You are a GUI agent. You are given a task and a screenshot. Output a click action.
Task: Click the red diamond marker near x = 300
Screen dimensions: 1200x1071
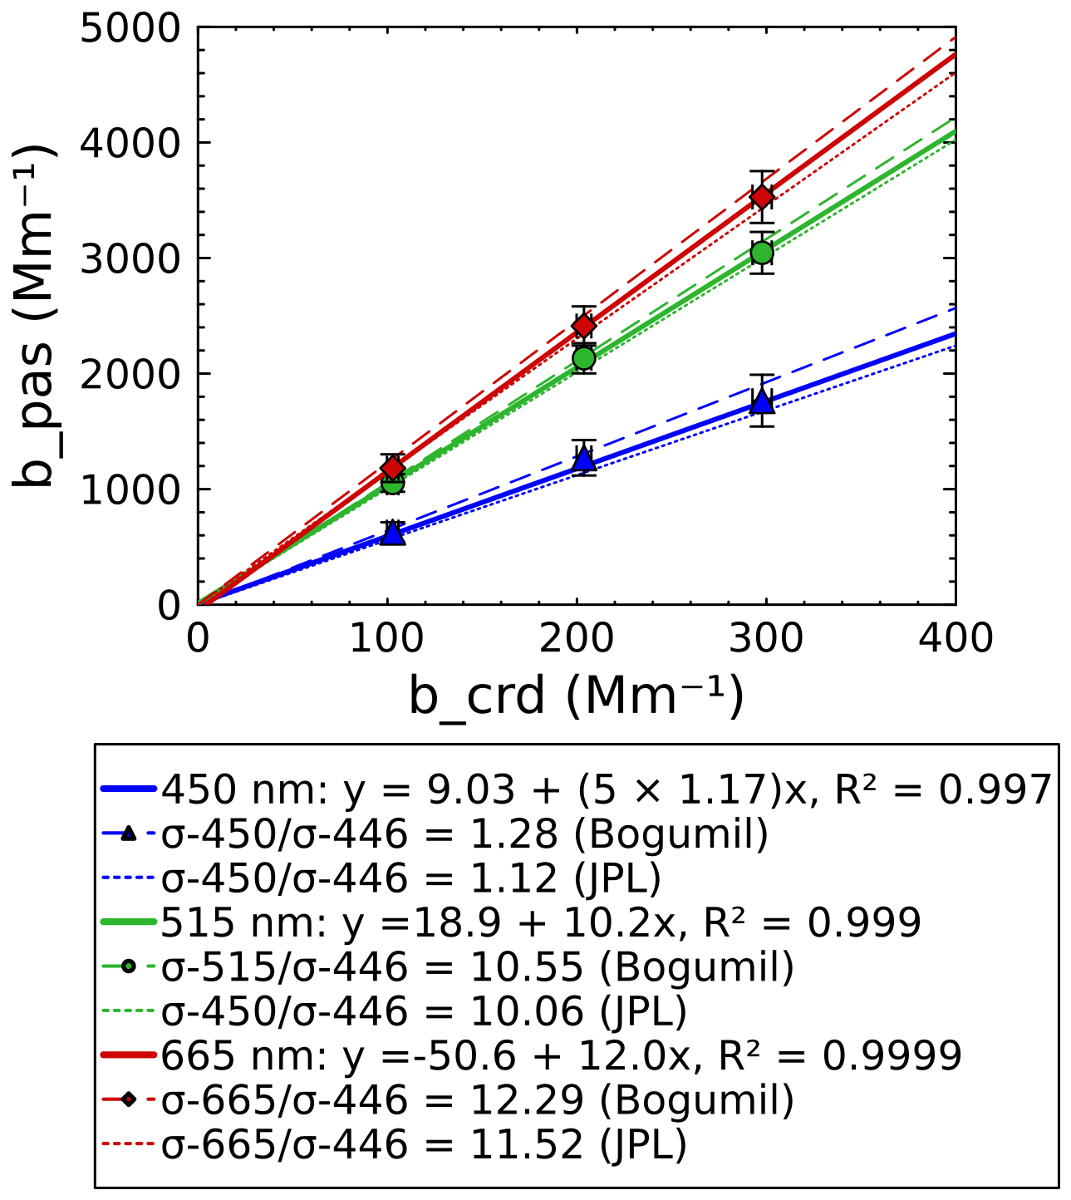tap(762, 197)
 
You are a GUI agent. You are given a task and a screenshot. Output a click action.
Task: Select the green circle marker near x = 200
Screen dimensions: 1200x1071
tap(584, 358)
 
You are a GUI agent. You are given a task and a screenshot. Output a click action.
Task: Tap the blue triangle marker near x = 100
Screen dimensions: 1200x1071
tap(393, 534)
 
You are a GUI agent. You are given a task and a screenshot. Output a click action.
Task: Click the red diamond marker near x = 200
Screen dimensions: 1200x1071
tap(584, 325)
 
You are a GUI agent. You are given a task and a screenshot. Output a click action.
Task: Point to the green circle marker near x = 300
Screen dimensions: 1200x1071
tap(762, 253)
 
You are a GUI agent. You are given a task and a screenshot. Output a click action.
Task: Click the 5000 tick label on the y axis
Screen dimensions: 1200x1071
tap(130, 29)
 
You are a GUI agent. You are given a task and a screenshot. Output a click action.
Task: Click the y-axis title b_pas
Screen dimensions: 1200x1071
tap(35, 316)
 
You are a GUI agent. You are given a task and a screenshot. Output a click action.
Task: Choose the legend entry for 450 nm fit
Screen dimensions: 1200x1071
tap(607, 789)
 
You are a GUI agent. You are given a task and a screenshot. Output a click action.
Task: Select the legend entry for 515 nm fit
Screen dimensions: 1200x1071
tap(540, 922)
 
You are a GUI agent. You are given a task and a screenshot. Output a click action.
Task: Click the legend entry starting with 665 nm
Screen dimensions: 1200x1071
tap(561, 1056)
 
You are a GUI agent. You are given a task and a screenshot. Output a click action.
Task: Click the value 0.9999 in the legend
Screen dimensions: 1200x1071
tap(892, 1056)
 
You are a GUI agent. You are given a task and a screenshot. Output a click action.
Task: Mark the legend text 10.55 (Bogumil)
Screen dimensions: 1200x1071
tap(632, 967)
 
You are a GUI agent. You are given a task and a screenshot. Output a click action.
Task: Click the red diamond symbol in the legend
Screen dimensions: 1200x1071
tap(128, 1100)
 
